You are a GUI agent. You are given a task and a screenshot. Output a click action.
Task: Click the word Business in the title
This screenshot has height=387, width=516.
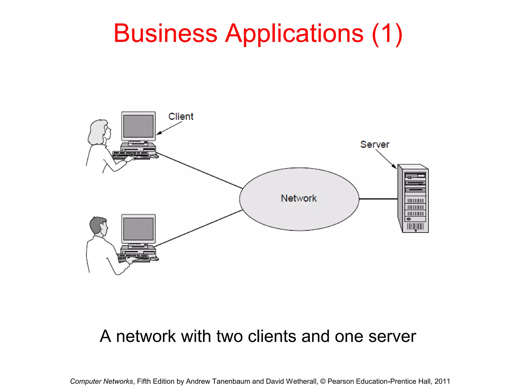165,34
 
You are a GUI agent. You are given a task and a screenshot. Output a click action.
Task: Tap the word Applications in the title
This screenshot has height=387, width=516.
294,34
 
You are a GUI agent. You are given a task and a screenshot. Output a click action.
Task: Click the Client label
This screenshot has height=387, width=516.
181,117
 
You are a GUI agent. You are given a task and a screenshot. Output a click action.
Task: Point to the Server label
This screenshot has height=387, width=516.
375,145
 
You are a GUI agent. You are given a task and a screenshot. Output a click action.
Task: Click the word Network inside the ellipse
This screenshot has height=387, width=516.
299,198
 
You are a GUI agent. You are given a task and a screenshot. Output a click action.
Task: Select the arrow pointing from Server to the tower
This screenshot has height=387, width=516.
385,159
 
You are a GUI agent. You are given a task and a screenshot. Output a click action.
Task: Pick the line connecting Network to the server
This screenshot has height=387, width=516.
378,199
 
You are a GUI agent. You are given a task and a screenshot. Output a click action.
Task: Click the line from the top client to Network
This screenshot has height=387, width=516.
199,171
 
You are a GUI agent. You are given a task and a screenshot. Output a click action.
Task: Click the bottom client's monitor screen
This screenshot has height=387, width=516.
138,229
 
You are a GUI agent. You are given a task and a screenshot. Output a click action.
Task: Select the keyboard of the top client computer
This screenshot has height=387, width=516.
131,155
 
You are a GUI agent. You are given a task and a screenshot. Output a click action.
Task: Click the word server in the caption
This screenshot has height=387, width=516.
392,336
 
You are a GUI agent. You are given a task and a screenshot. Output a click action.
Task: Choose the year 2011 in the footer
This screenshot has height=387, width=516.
442,381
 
